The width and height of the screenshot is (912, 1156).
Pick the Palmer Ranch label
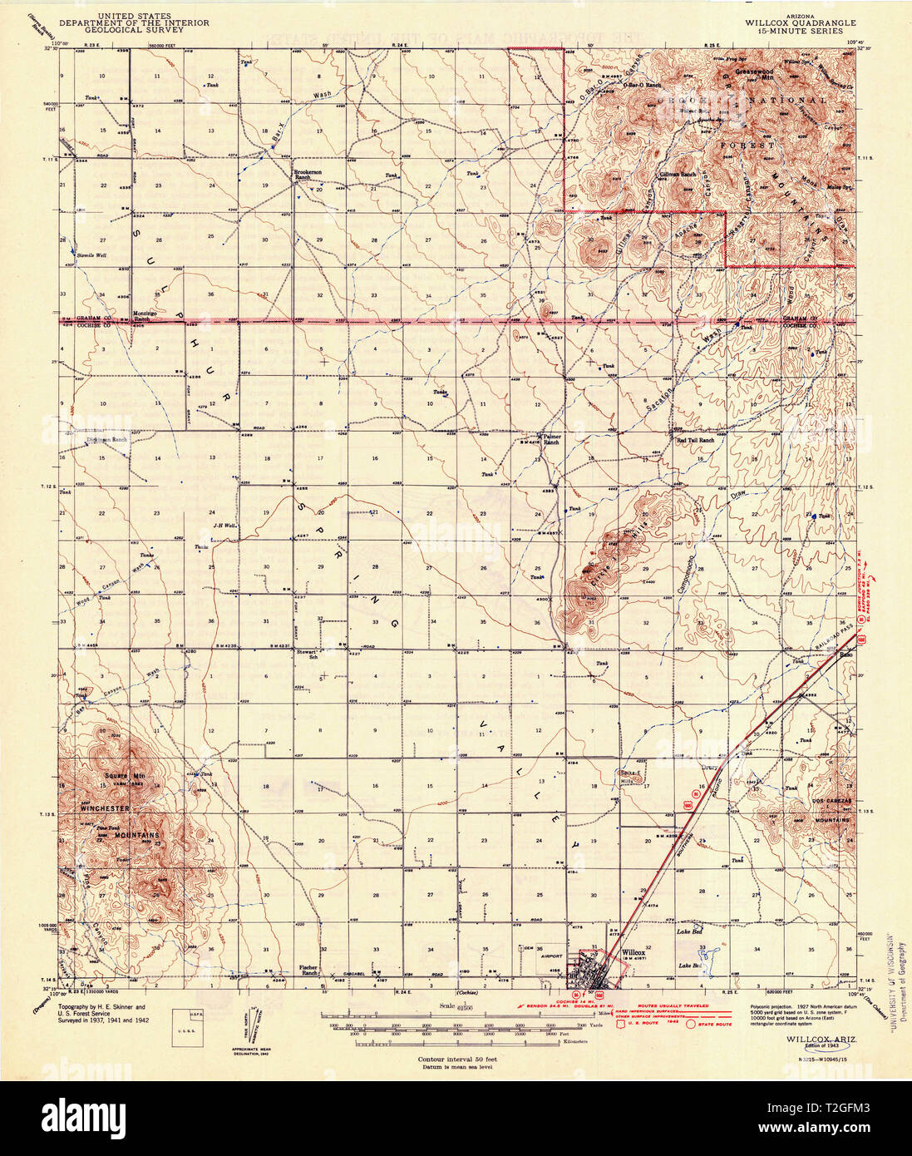pos(551,439)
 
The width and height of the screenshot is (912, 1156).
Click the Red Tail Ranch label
pos(695,440)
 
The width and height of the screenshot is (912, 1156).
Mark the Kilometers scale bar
pos(466,1042)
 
